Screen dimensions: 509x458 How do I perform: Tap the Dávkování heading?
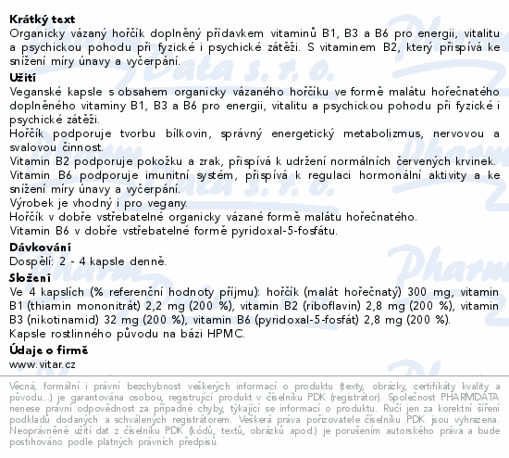click(39, 248)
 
